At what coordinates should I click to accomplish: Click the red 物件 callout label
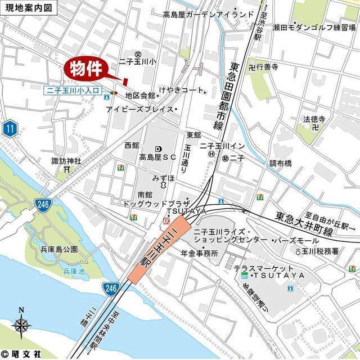coord(88,69)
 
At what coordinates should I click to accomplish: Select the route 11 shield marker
coord(9,129)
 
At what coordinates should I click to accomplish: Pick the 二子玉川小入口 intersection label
coord(73,90)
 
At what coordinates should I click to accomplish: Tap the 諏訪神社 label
coord(66,161)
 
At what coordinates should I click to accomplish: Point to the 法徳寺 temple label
coord(314,119)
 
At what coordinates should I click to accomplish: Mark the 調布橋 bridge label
coord(280,163)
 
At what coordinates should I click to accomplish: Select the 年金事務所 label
coord(199,253)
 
